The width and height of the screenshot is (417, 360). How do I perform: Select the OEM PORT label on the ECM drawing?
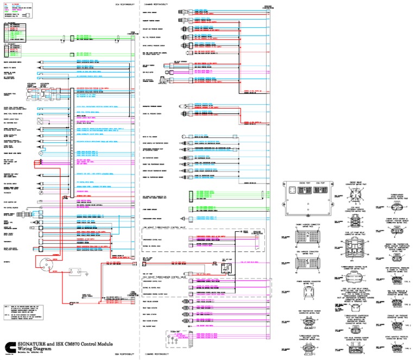click(320, 183)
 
